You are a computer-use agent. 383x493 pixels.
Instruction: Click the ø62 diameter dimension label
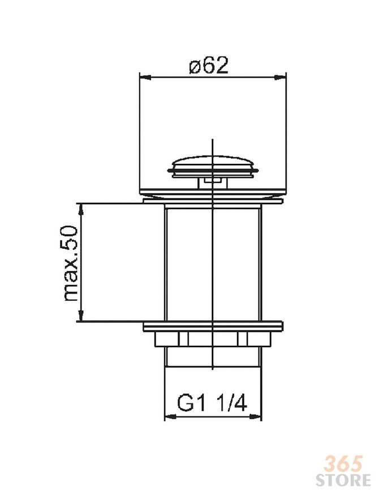coord(208,65)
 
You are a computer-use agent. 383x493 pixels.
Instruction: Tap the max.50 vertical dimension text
coord(71,263)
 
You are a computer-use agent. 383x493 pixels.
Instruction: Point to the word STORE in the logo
coord(343,480)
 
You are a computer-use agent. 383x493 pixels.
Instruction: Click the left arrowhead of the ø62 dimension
coord(145,77)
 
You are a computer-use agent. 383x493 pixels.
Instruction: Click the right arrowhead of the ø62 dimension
coord(281,77)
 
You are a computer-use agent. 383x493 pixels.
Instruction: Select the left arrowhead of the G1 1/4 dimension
coord(170,416)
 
